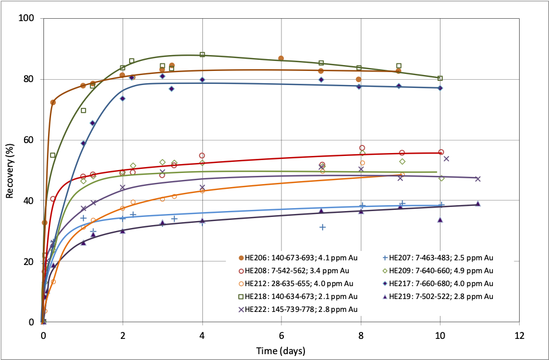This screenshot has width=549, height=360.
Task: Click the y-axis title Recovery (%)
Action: pyautogui.click(x=10, y=170)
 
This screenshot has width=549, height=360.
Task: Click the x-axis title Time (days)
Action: pyautogui.click(x=280, y=350)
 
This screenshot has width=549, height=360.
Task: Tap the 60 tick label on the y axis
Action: pyautogui.click(x=29, y=140)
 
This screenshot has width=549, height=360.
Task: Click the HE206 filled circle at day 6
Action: pyautogui.click(x=281, y=59)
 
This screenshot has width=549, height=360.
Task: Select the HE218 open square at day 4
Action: pyautogui.click(x=202, y=55)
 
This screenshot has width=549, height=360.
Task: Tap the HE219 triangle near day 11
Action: pyautogui.click(x=477, y=203)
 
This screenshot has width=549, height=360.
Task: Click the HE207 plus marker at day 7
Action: pyautogui.click(x=323, y=227)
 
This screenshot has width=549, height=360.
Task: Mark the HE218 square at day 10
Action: pyautogui.click(x=440, y=78)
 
